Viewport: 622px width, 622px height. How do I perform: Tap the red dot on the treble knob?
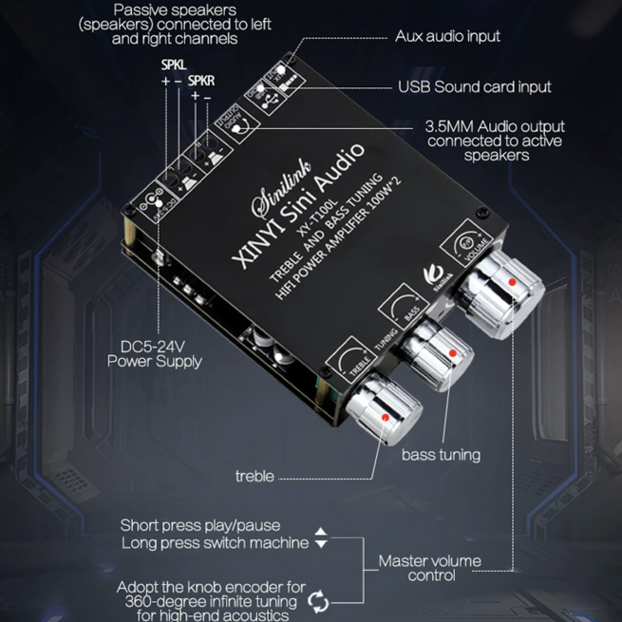(384, 419)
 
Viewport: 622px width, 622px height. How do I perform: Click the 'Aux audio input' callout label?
(447, 37)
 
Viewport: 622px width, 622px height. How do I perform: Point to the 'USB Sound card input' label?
(474, 87)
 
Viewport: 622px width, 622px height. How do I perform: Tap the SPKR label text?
(201, 82)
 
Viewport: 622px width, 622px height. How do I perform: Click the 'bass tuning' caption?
(441, 455)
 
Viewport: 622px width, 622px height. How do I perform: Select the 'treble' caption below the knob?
(254, 476)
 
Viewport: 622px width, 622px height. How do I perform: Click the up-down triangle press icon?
(321, 537)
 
